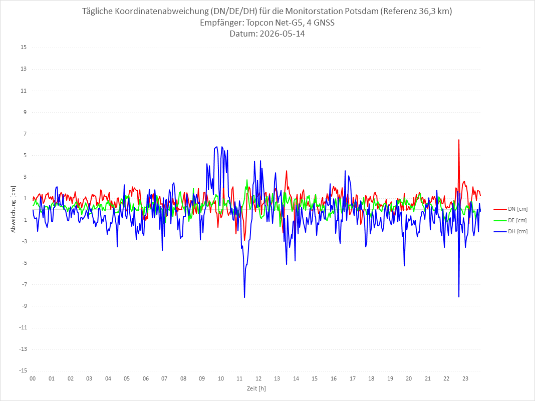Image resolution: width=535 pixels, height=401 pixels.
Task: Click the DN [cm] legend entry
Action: click(510, 209)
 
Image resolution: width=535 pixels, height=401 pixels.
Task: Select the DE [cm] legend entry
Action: click(510, 220)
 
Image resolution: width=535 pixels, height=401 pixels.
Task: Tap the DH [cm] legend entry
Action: click(510, 231)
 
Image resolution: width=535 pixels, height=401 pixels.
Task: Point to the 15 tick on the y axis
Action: click(24, 48)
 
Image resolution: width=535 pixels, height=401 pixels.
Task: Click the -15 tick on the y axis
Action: click(23, 370)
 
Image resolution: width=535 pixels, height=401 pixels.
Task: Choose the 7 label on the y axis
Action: click(25, 134)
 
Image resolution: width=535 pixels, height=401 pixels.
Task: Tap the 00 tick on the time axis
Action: click(33, 378)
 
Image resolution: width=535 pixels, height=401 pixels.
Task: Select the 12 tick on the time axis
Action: click(258, 378)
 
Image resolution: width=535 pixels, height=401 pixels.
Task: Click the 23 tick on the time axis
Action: click(465, 378)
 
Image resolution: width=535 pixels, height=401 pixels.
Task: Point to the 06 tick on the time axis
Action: click(146, 378)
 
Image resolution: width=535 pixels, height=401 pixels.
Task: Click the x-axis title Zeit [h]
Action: click(256, 388)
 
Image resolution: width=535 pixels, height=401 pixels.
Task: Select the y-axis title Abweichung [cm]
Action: click(14, 209)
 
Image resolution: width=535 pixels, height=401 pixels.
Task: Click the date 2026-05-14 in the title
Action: click(282, 34)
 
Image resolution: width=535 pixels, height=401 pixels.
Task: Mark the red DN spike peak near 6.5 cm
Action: click(459, 140)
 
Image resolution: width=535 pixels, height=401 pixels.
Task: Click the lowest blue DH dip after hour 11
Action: click(244, 297)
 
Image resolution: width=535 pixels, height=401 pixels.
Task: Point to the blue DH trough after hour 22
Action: click(459, 297)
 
